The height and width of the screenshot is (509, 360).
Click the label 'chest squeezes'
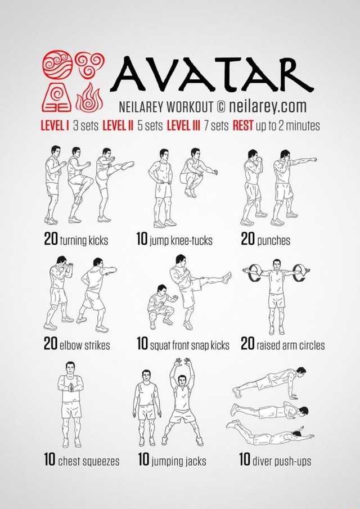click(88, 462)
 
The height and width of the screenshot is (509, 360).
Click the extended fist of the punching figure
click(314, 160)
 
